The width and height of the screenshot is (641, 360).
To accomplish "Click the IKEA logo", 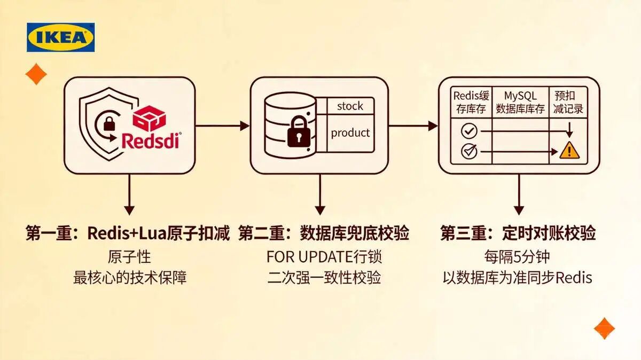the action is tap(61, 37).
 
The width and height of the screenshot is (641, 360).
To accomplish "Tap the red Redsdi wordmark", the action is tap(151, 140).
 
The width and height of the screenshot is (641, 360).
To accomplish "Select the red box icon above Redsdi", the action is tap(150, 119).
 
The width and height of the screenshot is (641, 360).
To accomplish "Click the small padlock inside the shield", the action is tap(109, 123).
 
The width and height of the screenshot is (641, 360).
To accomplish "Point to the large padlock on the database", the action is tap(299, 131).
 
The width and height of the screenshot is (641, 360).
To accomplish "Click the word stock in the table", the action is tap(350, 106).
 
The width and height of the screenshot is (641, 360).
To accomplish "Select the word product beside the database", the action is tap(350, 133).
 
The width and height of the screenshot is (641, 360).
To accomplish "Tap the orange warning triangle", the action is tap(569, 150).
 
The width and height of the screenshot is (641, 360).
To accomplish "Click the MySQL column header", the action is tap(520, 102).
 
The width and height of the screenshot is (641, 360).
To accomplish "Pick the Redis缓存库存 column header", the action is tap(471, 102).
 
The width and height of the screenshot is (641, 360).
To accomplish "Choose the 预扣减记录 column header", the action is tap(568, 102).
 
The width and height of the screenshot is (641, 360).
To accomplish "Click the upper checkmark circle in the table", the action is tap(470, 131).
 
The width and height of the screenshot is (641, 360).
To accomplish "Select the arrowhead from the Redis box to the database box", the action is tap(245, 126).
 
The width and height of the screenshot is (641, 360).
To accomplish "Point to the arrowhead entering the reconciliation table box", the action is tap(433, 126).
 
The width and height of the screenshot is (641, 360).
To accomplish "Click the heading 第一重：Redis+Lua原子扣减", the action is tap(128, 233).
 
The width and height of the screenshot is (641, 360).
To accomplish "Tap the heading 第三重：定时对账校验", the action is tap(518, 233).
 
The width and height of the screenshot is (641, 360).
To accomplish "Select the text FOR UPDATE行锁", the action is tap(324, 257).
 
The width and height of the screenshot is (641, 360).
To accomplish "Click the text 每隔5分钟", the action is tap(517, 257).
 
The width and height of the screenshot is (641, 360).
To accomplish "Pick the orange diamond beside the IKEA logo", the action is tap(36, 74).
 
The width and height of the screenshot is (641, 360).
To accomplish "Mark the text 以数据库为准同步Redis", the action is tap(518, 278).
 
